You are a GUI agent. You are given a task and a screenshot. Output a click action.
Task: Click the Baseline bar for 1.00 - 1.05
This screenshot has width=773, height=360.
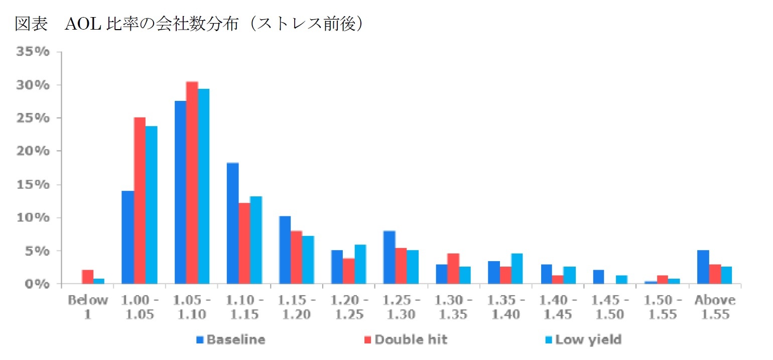point(127,237)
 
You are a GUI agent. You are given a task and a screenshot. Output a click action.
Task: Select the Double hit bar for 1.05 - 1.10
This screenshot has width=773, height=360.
point(192,183)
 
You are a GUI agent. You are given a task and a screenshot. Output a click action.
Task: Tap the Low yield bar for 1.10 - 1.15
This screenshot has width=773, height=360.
point(255,240)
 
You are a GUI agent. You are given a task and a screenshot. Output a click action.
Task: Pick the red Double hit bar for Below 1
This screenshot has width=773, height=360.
point(87,277)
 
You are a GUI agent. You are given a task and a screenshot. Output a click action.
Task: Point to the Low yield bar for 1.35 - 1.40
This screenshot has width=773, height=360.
point(517,269)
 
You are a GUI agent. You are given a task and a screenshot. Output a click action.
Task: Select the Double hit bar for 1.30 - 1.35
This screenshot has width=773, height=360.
point(453,269)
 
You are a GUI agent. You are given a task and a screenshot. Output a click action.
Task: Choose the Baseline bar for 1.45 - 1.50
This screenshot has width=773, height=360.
point(598,277)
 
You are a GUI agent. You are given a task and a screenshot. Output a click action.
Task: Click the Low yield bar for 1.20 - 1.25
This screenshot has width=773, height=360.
point(360,264)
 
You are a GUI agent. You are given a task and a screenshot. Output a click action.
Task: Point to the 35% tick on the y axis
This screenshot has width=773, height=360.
point(34,52)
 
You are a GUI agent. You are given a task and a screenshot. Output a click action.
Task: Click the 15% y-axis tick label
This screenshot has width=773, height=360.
point(34,185)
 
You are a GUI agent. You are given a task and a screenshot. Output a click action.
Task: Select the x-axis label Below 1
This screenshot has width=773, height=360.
point(88,307)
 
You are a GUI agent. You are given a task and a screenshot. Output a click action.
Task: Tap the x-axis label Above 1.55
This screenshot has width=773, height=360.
point(715,307)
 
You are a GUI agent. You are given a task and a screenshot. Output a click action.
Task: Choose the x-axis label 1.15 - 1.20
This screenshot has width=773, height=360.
point(297,307)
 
